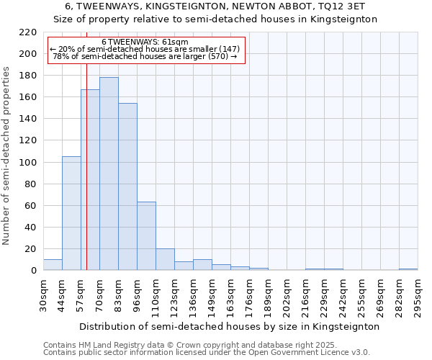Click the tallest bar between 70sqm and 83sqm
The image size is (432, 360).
[109, 174]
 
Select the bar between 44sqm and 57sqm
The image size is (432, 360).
[71, 213]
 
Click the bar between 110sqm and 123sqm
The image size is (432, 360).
[165, 259]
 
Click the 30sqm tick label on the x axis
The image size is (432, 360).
[44, 294]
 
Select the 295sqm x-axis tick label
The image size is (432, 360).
[418, 294]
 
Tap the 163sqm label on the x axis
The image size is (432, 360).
[231, 294]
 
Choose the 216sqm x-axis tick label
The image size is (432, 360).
[306, 294]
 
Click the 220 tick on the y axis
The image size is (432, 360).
[28, 32]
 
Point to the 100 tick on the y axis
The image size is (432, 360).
[28, 163]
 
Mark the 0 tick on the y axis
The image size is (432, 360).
[33, 271]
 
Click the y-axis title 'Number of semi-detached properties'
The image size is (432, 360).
[7, 156]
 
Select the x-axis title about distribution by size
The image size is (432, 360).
[229, 326]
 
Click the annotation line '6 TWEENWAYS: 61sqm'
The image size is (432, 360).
[145, 42]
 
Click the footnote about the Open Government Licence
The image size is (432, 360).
[207, 353]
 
